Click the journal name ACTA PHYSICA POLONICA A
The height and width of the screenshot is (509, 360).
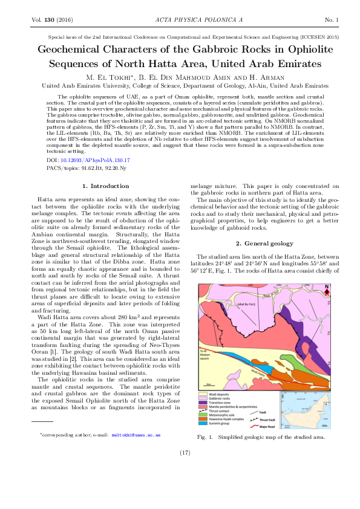180,21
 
